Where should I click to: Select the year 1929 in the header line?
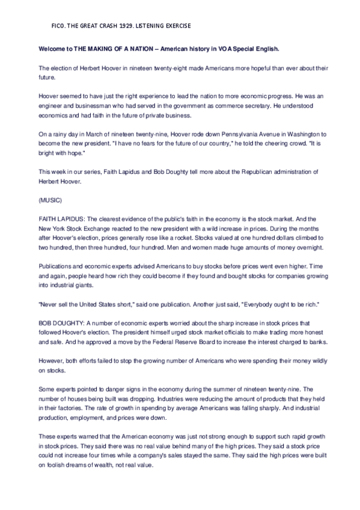[129, 26]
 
